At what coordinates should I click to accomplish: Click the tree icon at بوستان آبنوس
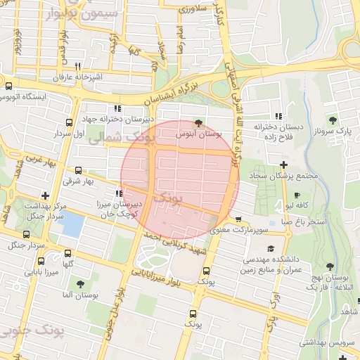(x=197, y=122)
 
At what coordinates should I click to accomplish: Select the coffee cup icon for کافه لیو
(x=297, y=195)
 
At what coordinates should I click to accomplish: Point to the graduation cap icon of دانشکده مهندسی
(x=271, y=248)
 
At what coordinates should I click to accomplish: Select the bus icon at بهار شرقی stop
(x=77, y=170)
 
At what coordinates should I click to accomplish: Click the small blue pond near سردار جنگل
(x=73, y=224)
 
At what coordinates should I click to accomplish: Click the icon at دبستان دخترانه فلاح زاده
(x=279, y=116)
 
